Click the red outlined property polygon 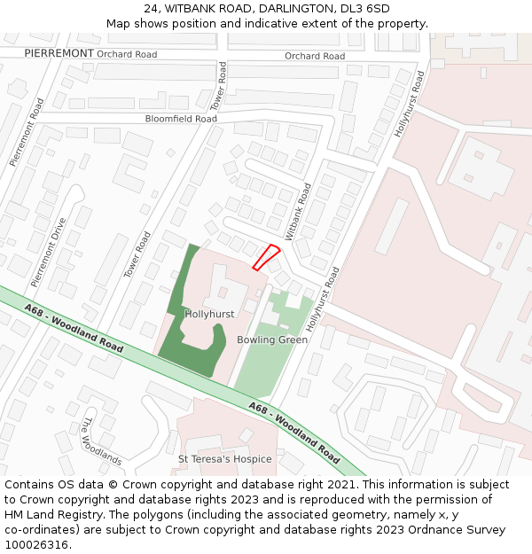coord(267,256)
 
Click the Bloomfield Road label coord(181,119)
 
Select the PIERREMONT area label coord(59,54)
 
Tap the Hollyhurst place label coord(209,315)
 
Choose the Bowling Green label coord(272,339)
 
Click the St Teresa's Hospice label coord(225,459)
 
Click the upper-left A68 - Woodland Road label coord(74,328)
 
